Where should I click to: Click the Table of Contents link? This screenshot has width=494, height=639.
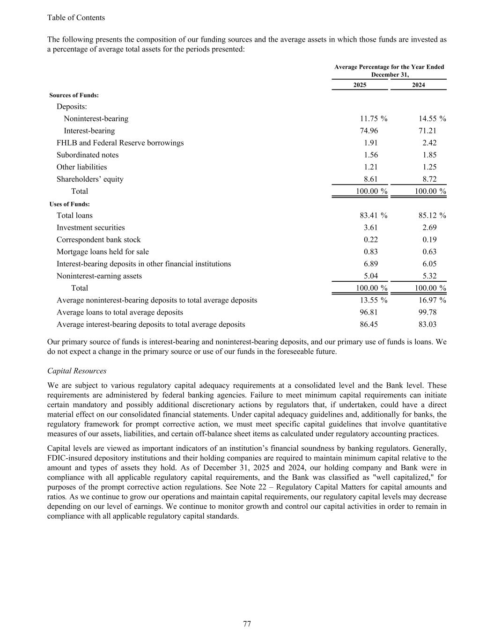(76, 18)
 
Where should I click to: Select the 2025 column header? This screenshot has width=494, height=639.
(360, 85)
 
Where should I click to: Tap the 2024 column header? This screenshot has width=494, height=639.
(418, 85)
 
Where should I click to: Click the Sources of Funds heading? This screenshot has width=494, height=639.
(74, 95)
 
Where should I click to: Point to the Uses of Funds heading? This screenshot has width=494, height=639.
(70, 204)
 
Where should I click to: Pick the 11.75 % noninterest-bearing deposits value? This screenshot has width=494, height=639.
(373, 119)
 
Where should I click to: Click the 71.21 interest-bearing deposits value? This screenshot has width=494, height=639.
(427, 131)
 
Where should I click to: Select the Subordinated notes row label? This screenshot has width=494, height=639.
(88, 155)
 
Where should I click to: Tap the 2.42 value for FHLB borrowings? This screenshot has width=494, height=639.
(429, 143)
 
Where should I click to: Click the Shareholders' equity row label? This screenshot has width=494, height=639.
(90, 179)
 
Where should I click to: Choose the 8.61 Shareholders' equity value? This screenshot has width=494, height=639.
(370, 179)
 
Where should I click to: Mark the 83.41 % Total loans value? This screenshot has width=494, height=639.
(373, 216)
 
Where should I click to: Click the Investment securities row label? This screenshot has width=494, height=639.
(91, 228)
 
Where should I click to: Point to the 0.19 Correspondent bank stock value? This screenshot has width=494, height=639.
(429, 240)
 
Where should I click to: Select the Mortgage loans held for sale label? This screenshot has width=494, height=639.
(103, 252)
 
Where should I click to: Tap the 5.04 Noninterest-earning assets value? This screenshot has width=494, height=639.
(370, 276)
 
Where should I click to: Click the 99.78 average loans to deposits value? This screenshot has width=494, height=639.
(427, 312)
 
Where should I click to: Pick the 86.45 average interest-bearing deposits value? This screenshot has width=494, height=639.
(369, 324)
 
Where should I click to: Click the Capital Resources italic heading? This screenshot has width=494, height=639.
(77, 371)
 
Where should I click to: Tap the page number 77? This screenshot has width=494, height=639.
(247, 624)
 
